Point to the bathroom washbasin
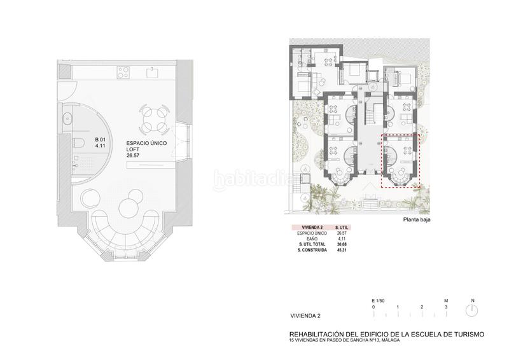tap(68, 116)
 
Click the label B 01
tap(101, 140)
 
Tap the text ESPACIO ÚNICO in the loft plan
tap(146, 144)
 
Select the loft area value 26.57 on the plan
tap(133, 155)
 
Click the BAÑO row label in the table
tap(308, 239)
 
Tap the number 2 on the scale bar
tap(422, 307)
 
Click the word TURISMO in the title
tap(464, 334)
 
